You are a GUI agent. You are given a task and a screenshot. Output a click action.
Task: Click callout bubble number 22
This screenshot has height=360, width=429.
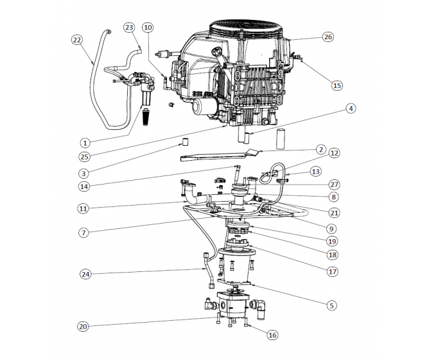pyautogui.click(x=77, y=39)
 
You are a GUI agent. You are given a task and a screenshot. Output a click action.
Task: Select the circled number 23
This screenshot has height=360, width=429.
pyautogui.click(x=130, y=28)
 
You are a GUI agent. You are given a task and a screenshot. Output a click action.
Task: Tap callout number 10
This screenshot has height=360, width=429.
pyautogui.click(x=148, y=28)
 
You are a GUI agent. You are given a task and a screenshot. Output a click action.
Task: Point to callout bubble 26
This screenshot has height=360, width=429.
pyautogui.click(x=328, y=37)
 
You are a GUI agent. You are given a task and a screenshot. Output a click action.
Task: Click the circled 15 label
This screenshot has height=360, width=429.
pyautogui.click(x=337, y=85)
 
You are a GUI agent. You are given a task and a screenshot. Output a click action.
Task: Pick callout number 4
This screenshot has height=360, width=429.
pyautogui.click(x=351, y=109)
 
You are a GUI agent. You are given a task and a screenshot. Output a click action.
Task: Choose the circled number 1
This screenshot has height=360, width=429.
pyautogui.click(x=85, y=142)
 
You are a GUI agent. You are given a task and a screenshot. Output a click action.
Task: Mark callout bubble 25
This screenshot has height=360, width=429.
pyautogui.click(x=85, y=157)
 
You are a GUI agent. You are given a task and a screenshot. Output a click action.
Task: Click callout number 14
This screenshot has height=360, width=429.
pyautogui.click(x=85, y=187)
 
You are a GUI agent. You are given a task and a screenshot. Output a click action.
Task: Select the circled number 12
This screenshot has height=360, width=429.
pyautogui.click(x=334, y=153)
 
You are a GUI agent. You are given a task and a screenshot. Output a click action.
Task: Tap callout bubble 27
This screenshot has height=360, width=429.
pyautogui.click(x=334, y=184)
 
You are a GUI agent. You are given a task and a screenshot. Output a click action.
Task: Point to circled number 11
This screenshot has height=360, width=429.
pyautogui.click(x=85, y=208)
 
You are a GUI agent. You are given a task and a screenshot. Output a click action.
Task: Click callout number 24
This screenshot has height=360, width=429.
pyautogui.click(x=85, y=274)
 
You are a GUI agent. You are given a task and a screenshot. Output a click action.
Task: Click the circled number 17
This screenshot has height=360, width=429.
pyautogui.click(x=332, y=271)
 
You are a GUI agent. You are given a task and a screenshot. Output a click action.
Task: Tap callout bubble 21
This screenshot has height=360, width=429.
pyautogui.click(x=334, y=212)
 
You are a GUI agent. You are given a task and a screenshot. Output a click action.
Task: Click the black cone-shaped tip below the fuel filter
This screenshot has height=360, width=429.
pyautogui.click(x=148, y=118)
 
